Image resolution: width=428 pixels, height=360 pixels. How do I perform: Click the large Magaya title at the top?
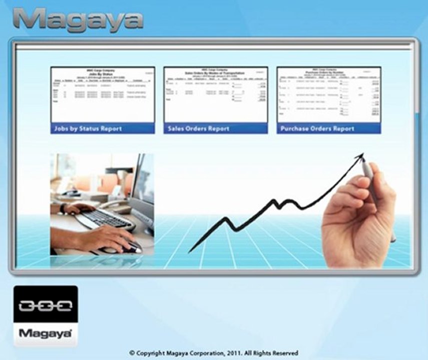78,20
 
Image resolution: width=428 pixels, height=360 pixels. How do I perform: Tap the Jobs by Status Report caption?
88,129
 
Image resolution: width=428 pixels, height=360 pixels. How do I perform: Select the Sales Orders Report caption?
199,129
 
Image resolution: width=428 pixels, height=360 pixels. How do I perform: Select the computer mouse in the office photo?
131,246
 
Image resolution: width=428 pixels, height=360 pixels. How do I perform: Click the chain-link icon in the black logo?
45,305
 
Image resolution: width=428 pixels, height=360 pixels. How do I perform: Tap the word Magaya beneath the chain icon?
45,333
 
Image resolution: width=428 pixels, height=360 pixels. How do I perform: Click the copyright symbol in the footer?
132,353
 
